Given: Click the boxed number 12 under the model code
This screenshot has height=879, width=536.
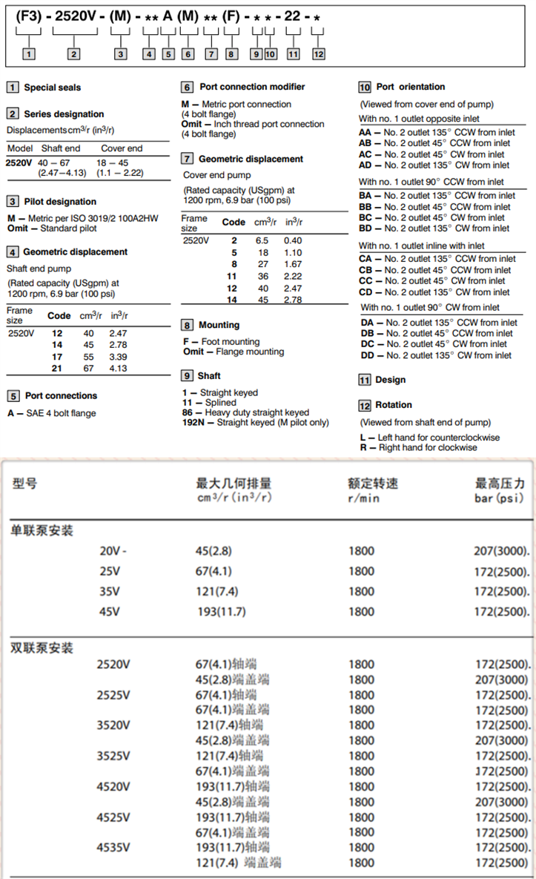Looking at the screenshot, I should [x=318, y=54].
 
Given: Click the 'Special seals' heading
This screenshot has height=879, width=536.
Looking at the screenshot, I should [x=52, y=88].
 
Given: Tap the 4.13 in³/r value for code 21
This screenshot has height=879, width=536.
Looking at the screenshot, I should [x=118, y=369].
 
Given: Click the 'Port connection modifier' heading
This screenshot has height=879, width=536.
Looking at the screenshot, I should [x=252, y=87].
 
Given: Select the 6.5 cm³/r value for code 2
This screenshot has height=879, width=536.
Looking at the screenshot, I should [x=262, y=240].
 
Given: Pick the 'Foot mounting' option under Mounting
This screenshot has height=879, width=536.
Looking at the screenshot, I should [x=231, y=342].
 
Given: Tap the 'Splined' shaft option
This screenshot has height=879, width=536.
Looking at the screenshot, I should [x=220, y=403].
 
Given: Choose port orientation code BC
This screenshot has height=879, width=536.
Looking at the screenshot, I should [x=365, y=217].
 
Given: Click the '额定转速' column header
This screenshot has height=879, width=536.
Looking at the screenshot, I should [x=373, y=483].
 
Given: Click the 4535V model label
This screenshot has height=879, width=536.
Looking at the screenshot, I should [x=113, y=847].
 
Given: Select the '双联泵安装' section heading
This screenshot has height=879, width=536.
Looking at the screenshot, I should [x=42, y=648].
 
